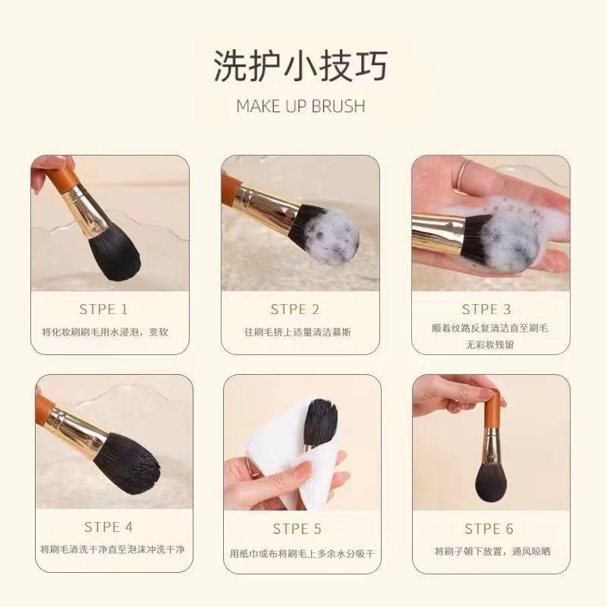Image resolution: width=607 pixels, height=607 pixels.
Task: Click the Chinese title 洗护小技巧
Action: pyautogui.click(x=300, y=66)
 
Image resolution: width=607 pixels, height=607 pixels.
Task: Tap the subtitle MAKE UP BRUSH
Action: pyautogui.click(x=300, y=106)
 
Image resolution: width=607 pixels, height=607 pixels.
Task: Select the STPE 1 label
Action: pyautogui.click(x=103, y=310)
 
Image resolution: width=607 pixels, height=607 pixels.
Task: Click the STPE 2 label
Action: pyautogui.click(x=295, y=310)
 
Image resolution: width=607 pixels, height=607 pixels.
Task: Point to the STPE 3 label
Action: pyautogui.click(x=486, y=310)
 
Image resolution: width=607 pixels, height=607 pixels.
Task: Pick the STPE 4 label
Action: pyautogui.click(x=109, y=527)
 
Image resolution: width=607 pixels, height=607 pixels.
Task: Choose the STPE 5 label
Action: pyautogui.click(x=297, y=529)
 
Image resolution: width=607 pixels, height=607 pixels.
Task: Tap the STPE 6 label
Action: pyautogui.click(x=489, y=529)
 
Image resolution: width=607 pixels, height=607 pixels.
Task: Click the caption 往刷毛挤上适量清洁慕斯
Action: pyautogui.click(x=297, y=332)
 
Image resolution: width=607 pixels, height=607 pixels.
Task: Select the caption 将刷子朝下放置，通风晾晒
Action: pyautogui.click(x=492, y=552)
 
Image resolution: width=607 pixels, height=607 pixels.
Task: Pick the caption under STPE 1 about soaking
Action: pyautogui.click(x=105, y=332)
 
